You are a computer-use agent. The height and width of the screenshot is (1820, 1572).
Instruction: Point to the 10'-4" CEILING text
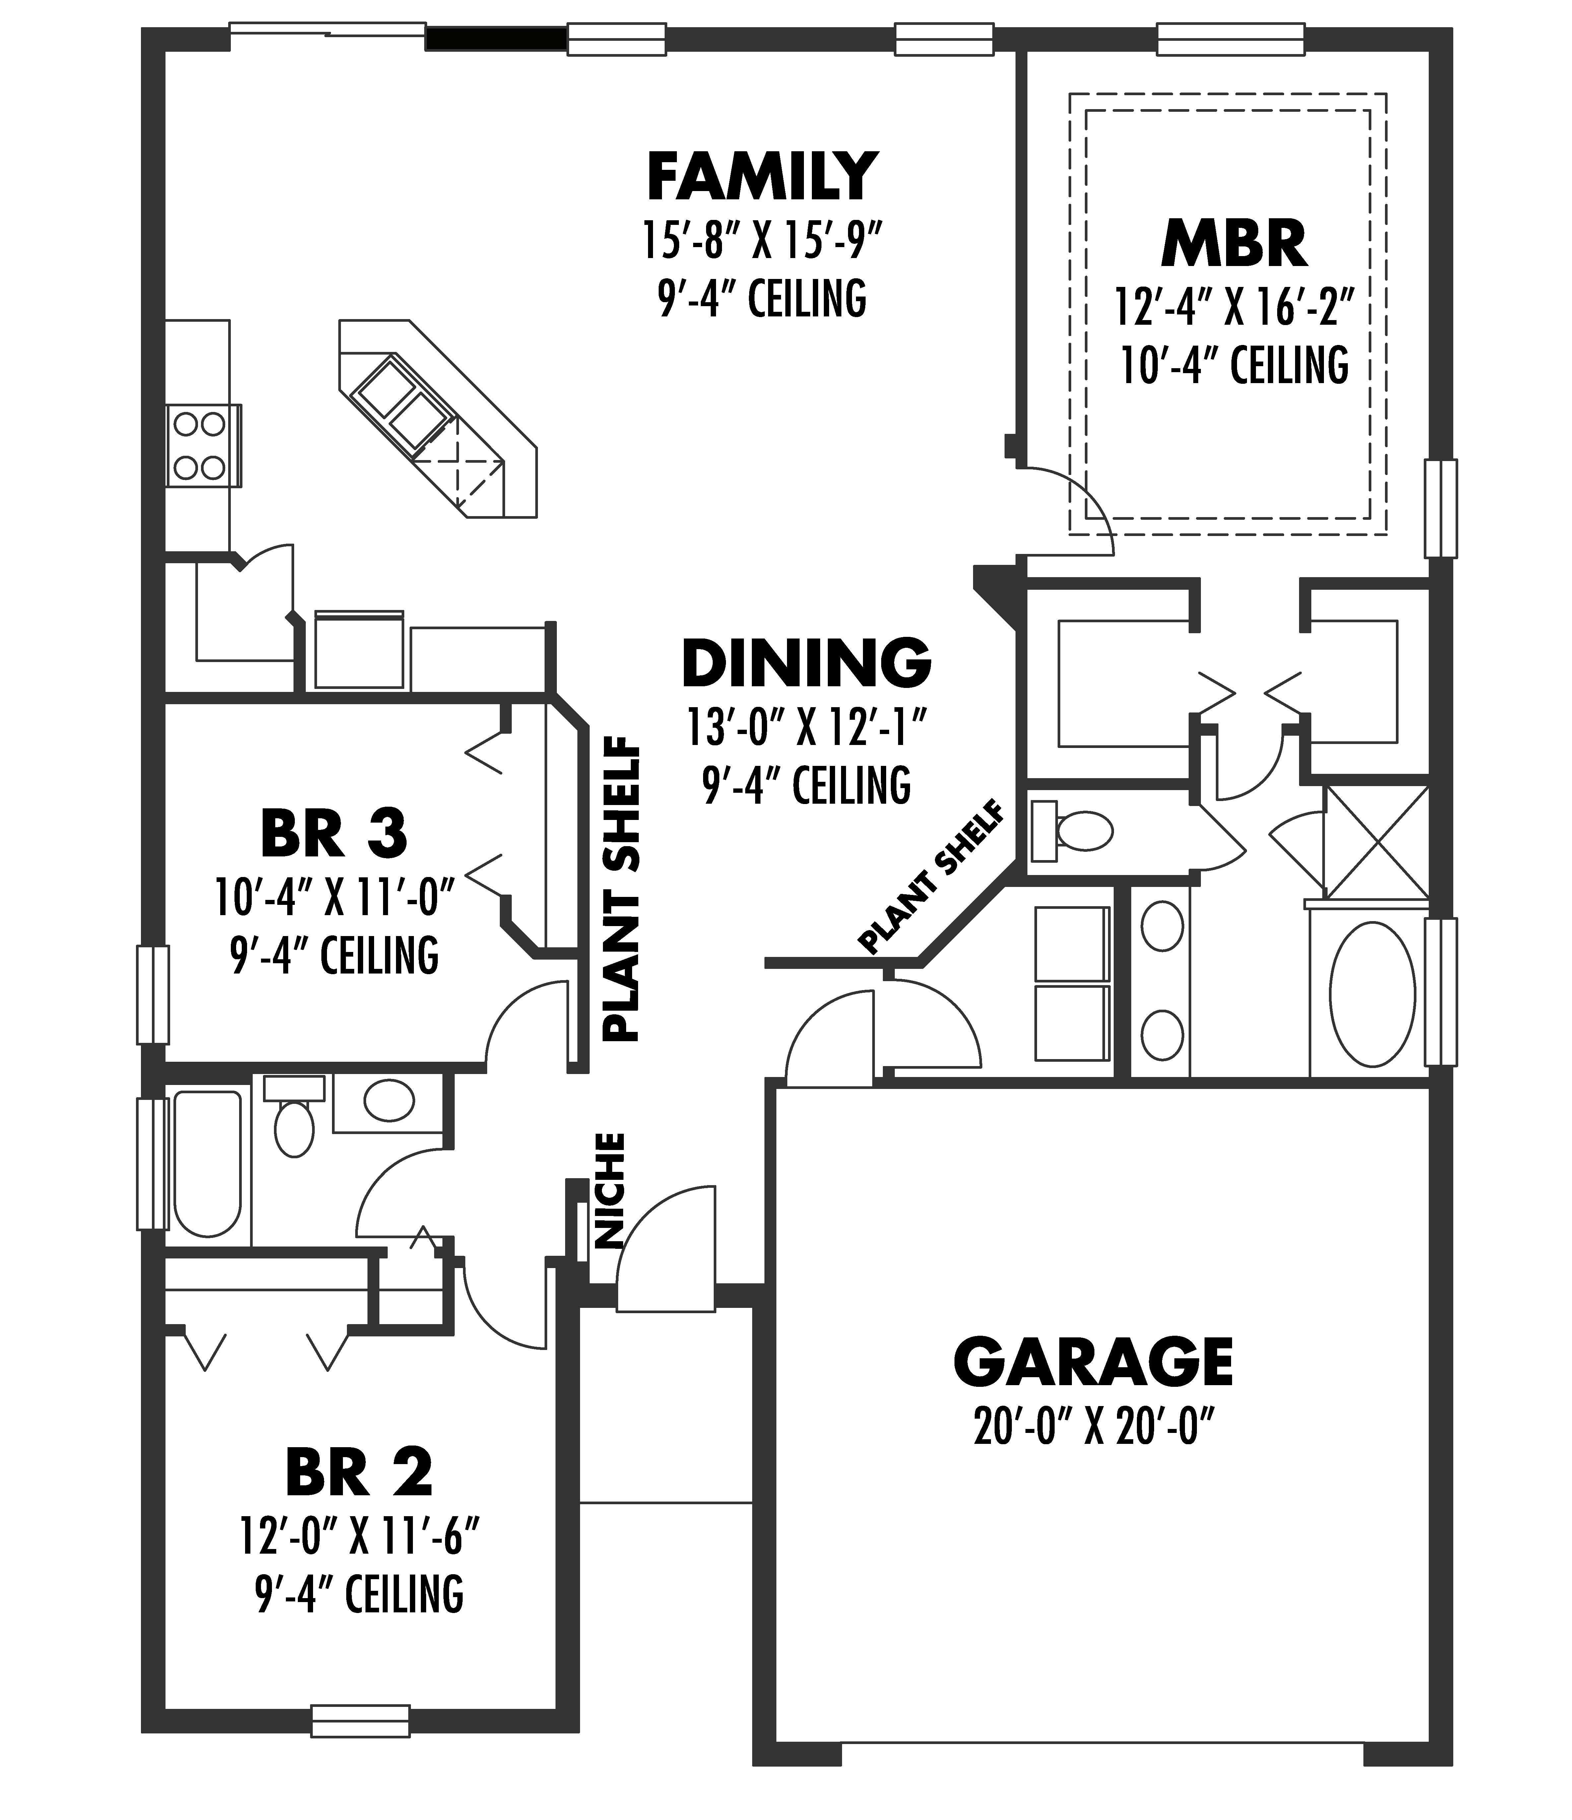[1234, 366]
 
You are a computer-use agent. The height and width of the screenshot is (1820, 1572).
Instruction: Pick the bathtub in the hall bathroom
[207, 1163]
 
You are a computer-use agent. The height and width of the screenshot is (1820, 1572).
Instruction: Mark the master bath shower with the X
[1376, 842]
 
